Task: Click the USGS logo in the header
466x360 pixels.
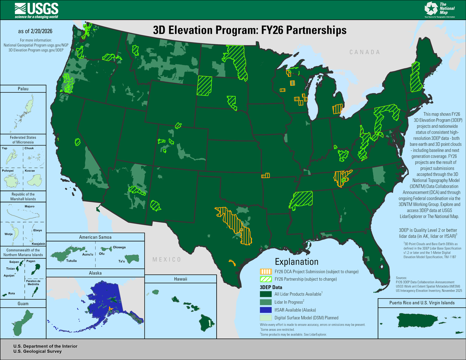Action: [x=36, y=10]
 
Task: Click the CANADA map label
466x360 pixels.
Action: [x=364, y=52]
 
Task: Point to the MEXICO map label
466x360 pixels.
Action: [x=167, y=260]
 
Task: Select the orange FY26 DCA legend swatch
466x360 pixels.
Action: [x=266, y=271]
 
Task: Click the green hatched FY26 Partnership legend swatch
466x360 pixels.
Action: [x=266, y=279]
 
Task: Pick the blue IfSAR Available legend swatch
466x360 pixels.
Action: [x=266, y=310]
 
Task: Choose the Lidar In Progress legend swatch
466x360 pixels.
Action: [x=266, y=302]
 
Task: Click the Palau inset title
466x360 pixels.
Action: [x=23, y=89]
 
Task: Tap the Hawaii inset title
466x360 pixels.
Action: [x=181, y=279]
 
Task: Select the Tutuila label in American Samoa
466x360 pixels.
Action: [x=71, y=261]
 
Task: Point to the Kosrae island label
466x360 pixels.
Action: [x=30, y=171]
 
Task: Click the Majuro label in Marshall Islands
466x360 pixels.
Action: [x=30, y=206]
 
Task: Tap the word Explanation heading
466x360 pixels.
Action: [x=296, y=262]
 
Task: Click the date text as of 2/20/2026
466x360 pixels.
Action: [x=35, y=31]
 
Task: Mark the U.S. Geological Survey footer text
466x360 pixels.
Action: [x=37, y=351]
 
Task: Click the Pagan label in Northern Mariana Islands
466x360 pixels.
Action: [x=31, y=261]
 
